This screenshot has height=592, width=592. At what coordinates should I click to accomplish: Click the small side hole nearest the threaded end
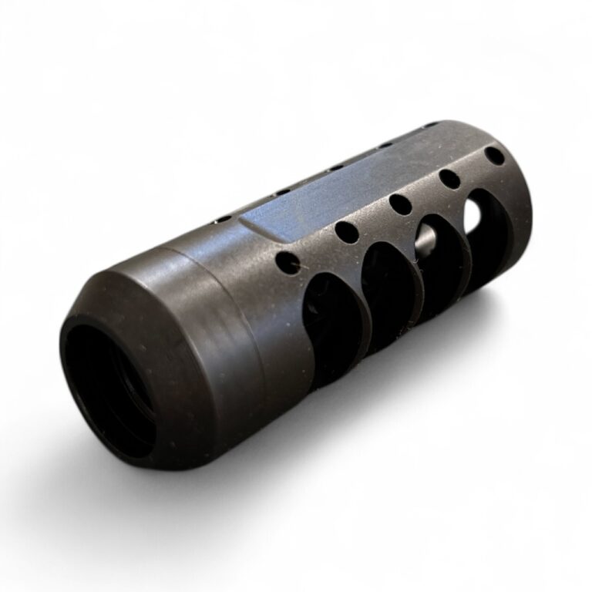(x=288, y=262)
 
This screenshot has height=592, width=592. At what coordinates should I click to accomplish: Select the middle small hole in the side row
(x=399, y=203)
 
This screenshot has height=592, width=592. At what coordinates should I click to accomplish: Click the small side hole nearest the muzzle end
(x=495, y=156)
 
